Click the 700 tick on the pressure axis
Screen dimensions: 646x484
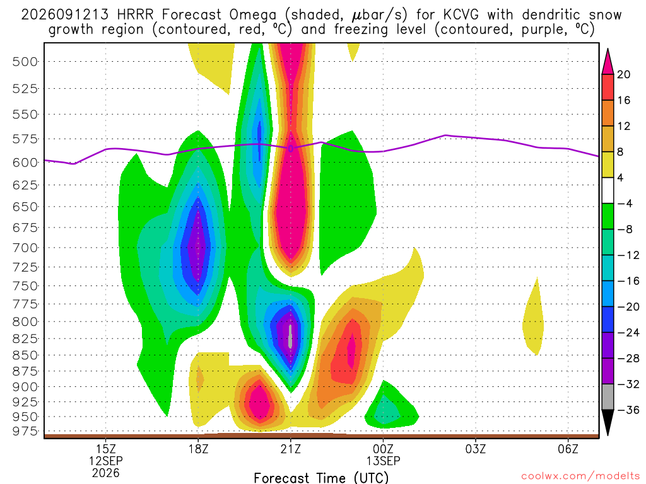25,248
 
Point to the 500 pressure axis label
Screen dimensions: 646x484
25,62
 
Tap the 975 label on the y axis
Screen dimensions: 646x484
25,431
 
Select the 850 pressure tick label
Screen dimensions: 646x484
25,355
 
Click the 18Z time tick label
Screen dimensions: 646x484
198,449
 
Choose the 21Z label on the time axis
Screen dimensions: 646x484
291,449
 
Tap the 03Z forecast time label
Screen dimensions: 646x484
476,449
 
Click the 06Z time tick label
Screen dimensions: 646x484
568,449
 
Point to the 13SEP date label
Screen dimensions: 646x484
383,461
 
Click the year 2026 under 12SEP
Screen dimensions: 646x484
106,473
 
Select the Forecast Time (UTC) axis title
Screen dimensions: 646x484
321,478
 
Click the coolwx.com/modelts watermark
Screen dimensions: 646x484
580,476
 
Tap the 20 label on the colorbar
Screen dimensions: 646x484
624,74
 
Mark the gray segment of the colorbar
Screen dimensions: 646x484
608,397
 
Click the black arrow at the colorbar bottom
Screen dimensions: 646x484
608,422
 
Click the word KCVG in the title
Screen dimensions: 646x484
461,15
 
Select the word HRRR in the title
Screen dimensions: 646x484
135,15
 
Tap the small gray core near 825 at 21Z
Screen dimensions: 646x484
290,337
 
